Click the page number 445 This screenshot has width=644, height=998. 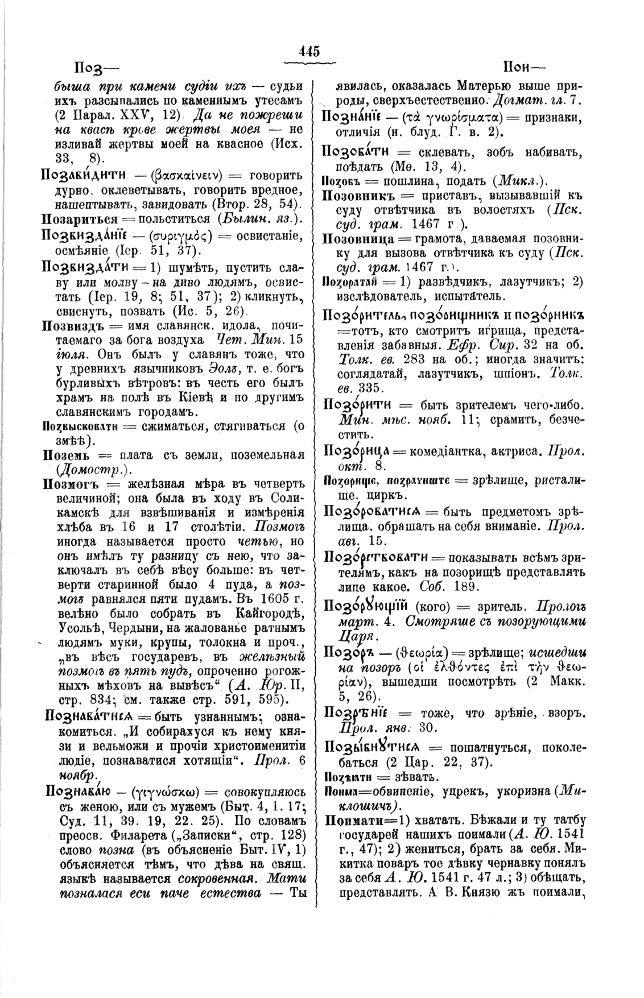(310, 51)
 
